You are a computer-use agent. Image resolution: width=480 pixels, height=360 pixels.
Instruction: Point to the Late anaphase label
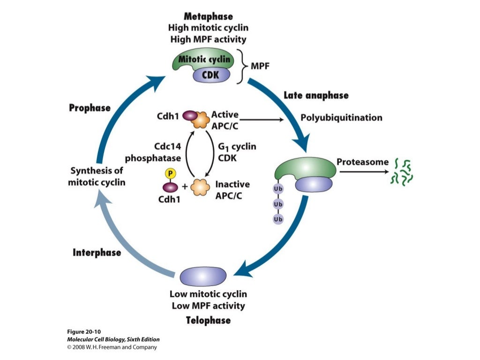pyautogui.click(x=316, y=96)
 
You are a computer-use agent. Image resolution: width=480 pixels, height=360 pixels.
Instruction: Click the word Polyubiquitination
pyautogui.click(x=341, y=117)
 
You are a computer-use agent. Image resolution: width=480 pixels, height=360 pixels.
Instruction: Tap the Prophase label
pyautogui.click(x=90, y=108)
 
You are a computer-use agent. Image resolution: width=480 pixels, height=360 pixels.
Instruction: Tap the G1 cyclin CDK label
pyautogui.click(x=237, y=152)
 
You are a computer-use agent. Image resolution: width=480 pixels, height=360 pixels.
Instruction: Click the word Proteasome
pyautogui.click(x=362, y=162)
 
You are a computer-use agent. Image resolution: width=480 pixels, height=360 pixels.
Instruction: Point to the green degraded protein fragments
pyautogui.click(x=403, y=172)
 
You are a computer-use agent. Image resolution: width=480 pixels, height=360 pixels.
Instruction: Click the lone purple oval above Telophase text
pyautogui.click(x=202, y=275)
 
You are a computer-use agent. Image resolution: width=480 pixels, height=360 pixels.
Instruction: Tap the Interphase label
pyautogui.click(x=97, y=253)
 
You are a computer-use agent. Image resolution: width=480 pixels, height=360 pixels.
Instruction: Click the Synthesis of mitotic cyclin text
pyautogui.click(x=97, y=176)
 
